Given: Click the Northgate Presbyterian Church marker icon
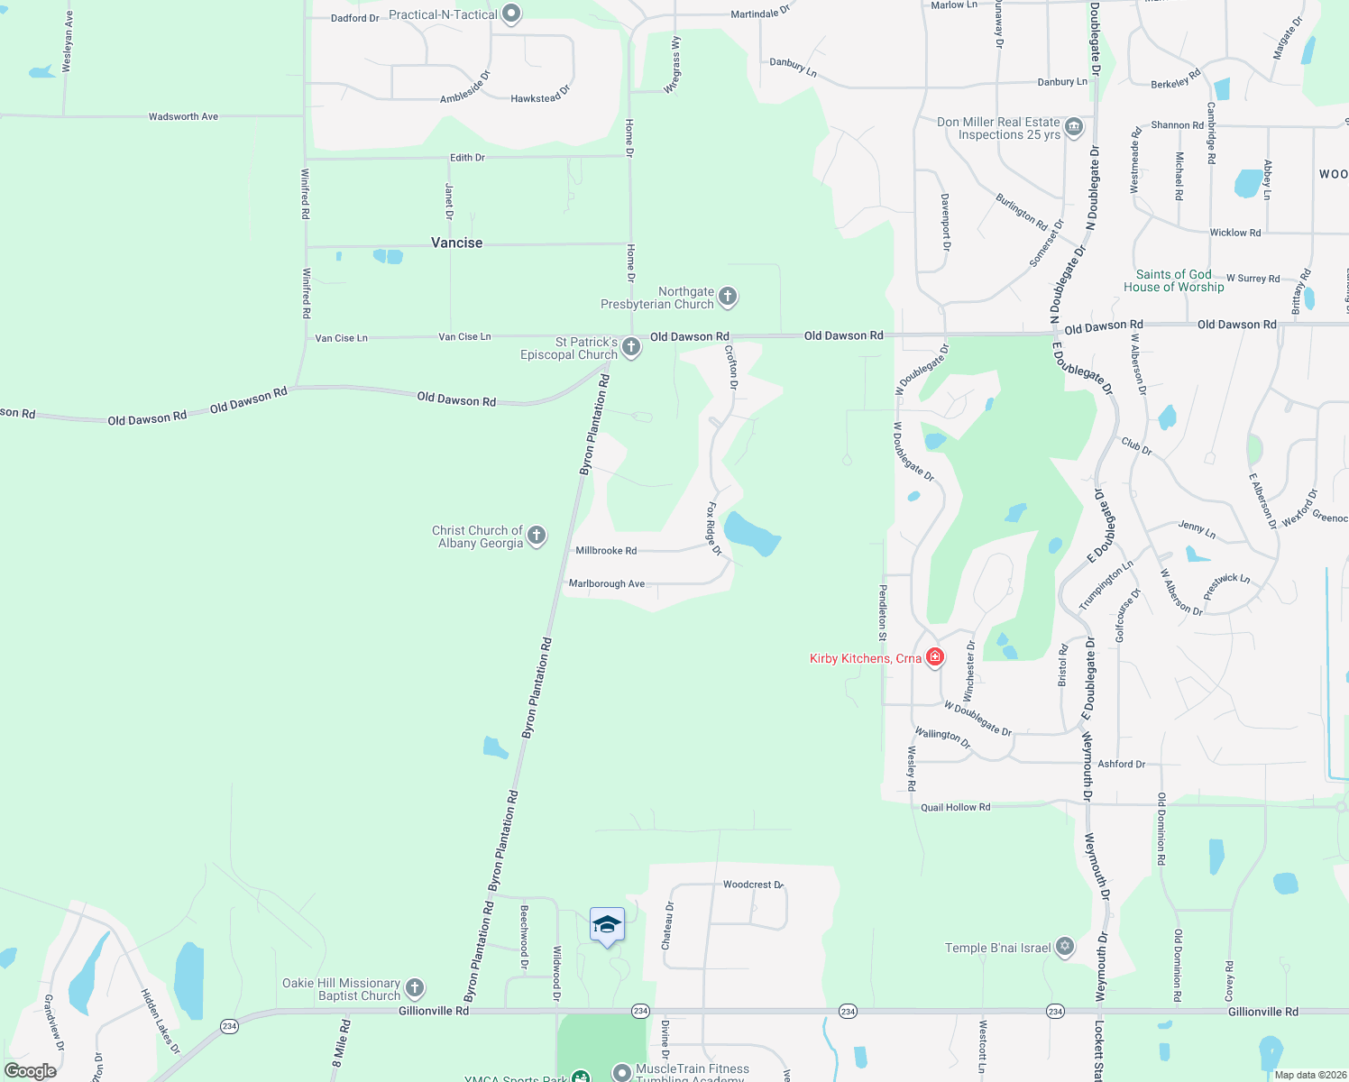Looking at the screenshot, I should [728, 296].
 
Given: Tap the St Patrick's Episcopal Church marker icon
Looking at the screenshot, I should [631, 347].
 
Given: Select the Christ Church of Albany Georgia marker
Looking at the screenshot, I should [537, 536].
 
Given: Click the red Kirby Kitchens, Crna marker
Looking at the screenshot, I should [935, 657].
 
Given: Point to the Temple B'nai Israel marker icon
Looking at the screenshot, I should [1065, 947].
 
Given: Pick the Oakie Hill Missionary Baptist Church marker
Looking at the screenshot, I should [415, 988].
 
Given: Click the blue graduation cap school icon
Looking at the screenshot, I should [607, 925].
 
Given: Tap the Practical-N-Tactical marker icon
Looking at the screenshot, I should [511, 14].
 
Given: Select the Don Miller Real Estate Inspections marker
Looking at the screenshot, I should [1073, 127].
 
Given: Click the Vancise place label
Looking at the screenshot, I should [456, 243].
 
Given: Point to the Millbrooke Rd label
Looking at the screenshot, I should [606, 550].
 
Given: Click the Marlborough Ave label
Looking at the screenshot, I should [607, 583].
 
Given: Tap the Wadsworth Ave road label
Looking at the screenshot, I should [183, 116].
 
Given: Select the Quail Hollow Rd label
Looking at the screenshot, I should [955, 807].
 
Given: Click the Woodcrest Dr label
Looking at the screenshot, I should [753, 885].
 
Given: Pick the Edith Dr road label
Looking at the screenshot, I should [467, 158].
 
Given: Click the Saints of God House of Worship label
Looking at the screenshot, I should [1173, 280].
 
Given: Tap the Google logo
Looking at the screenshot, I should [31, 1071].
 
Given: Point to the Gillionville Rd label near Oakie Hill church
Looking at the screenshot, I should [434, 1011].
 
